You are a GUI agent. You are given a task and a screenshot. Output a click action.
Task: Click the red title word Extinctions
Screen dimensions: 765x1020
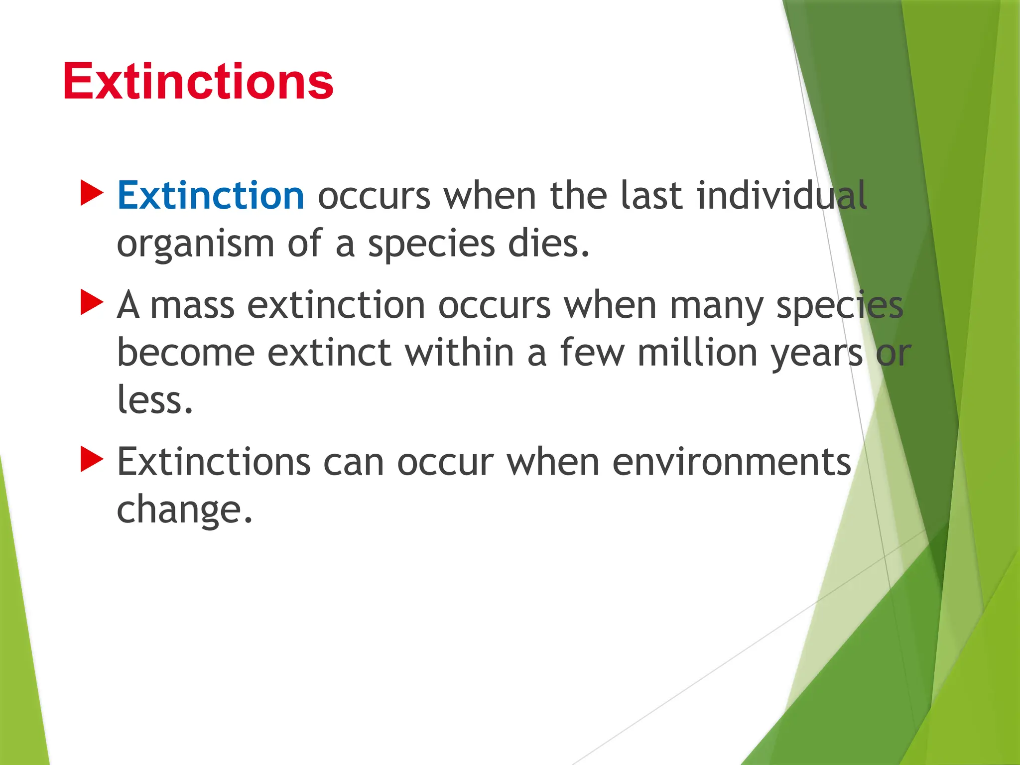click(x=198, y=81)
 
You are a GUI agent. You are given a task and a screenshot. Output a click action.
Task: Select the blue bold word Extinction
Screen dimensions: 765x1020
click(x=211, y=196)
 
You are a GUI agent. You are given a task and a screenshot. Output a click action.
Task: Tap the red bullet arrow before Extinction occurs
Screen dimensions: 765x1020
click(x=91, y=193)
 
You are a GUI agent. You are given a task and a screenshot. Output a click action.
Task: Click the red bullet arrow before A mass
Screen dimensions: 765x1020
click(x=91, y=303)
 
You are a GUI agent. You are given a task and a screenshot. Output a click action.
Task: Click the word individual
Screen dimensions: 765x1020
click(x=782, y=196)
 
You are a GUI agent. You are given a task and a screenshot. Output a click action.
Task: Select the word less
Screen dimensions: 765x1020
click(x=154, y=400)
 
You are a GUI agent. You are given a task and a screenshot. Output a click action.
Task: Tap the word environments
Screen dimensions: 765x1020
click(x=731, y=462)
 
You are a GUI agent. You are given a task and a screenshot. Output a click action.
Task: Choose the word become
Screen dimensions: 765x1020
click(x=186, y=353)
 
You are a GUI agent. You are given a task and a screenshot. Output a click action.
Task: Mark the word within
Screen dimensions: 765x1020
click(x=459, y=353)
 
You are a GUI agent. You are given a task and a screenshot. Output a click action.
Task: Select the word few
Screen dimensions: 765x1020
click(x=592, y=353)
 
